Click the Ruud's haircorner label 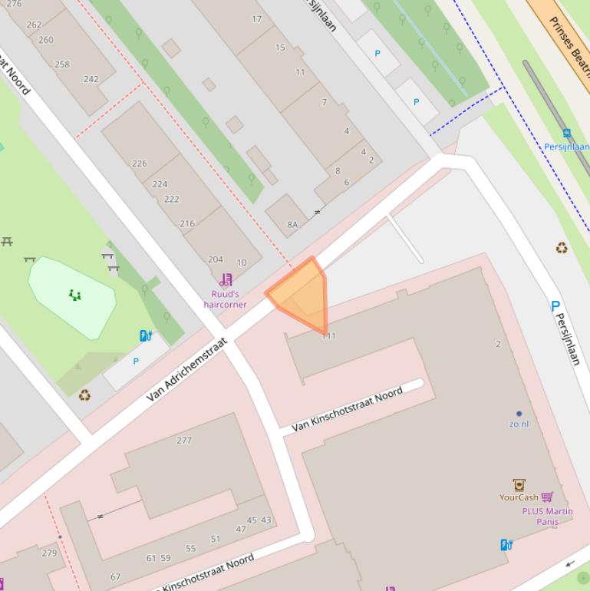coord(225,299)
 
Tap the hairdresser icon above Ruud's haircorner coord(226,280)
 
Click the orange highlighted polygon coord(302,295)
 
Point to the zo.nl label coord(519,424)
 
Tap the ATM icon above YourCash coord(519,484)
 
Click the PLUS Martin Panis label coord(547,517)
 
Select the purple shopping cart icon coord(547,497)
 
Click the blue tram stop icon coord(566,134)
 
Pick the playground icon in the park coord(74,295)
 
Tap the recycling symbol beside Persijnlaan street coord(562,248)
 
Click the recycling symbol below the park coord(84,395)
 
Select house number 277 coord(184,440)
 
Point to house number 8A coord(292,224)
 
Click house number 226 coord(139,163)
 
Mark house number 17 coord(256,18)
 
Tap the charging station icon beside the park coord(145,335)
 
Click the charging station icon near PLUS coord(506,545)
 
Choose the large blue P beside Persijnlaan coord(555,306)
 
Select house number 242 coord(91,79)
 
